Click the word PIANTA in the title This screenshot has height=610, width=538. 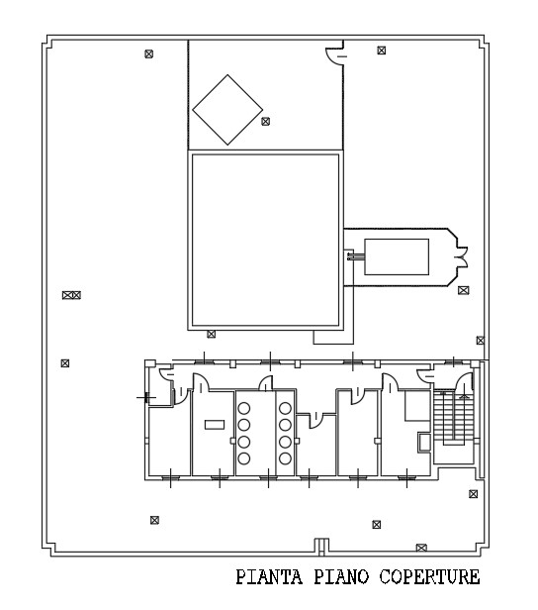tap(264, 577)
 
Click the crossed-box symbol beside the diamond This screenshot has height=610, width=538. tap(265, 122)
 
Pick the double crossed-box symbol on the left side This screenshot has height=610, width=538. tap(71, 294)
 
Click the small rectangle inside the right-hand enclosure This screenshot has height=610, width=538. tap(397, 257)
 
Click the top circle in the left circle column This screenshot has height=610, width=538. tap(243, 407)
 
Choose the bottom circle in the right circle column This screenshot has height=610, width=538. tap(285, 457)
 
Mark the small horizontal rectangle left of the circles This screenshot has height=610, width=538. tap(213, 424)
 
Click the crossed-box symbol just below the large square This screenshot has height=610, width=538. tap(211, 335)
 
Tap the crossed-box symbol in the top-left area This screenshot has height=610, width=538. tap(148, 52)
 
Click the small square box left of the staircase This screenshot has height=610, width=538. tap(425, 442)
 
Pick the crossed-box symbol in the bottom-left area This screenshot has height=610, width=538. tap(153, 519)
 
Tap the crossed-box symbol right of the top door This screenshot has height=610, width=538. tap(381, 50)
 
